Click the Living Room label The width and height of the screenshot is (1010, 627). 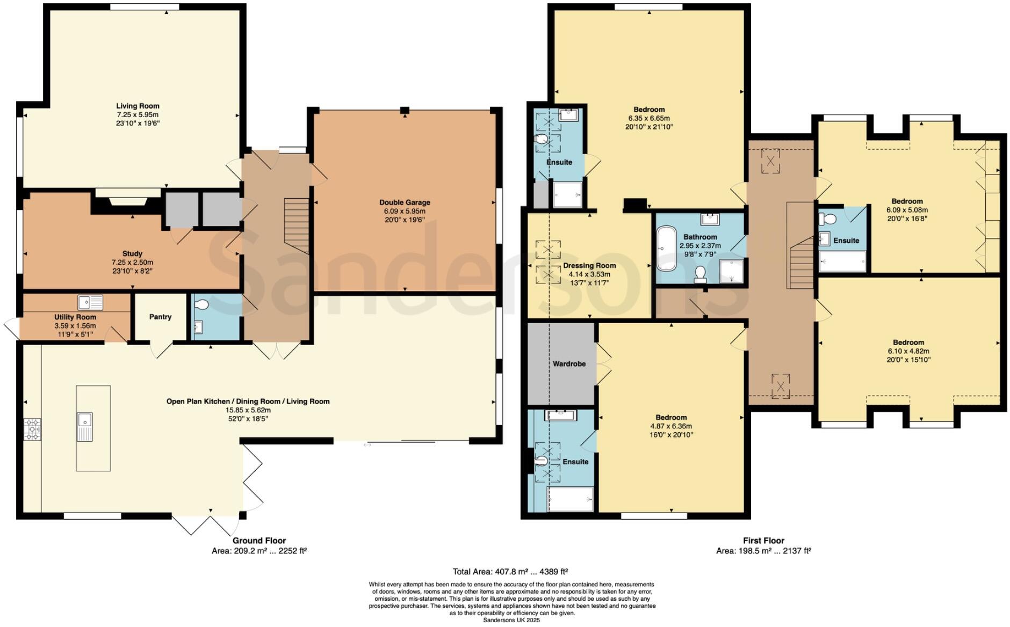tap(138, 106)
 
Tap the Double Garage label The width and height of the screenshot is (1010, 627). tap(405, 202)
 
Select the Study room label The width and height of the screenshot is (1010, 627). tap(132, 253)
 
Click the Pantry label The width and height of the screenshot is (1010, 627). tap(160, 317)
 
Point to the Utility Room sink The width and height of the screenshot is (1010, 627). tap(90, 303)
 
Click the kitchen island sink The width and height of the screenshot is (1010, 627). tap(85, 426)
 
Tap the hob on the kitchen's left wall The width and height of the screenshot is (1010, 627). tap(32, 429)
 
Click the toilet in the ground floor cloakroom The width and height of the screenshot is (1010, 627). tap(201, 305)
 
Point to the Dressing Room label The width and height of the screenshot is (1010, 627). tap(589, 266)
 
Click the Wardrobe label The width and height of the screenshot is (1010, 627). tap(569, 364)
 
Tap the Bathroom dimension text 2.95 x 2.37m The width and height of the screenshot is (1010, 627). tap(700, 245)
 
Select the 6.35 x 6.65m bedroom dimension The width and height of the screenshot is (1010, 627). tap(649, 118)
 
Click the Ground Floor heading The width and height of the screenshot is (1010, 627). tap(259, 541)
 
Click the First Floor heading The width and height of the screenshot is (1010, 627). tap(763, 541)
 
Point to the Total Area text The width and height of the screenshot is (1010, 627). tap(510, 572)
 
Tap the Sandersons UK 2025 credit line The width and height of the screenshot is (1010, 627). tap(511, 620)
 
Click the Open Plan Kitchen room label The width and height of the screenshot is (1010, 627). tap(248, 402)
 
